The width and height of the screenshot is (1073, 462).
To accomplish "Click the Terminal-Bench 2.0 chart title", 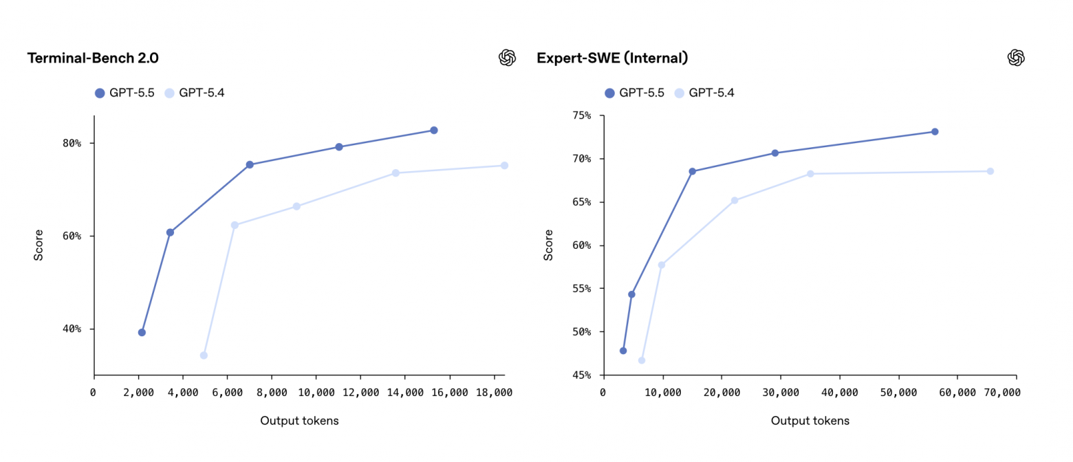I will click(x=93, y=58).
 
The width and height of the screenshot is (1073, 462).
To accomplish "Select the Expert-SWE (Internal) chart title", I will click(x=612, y=58).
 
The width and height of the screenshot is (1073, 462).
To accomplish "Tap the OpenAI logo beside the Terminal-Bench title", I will click(x=507, y=58).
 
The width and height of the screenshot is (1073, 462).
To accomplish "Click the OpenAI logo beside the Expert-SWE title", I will click(x=1016, y=58).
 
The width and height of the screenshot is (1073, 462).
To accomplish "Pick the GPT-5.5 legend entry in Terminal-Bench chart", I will click(x=124, y=93).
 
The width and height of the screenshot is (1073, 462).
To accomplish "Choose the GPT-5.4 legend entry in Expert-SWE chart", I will click(x=704, y=93).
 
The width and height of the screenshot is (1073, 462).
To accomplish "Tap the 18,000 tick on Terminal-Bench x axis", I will click(x=494, y=392).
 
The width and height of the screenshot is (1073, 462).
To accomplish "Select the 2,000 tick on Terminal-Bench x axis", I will click(x=138, y=392).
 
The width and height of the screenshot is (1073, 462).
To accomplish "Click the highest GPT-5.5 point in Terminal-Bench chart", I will click(x=434, y=130).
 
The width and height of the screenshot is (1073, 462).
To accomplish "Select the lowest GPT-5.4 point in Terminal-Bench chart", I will click(x=204, y=355).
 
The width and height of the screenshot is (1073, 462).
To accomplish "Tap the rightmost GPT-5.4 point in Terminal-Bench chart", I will click(x=504, y=166).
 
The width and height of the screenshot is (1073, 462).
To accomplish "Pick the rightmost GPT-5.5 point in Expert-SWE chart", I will click(x=935, y=131).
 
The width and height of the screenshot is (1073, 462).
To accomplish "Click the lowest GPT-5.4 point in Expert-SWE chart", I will click(x=642, y=360).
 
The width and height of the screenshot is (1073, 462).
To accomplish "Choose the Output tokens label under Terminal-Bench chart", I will click(x=299, y=421).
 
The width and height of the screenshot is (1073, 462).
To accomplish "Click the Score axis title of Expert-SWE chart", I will click(x=548, y=245).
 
